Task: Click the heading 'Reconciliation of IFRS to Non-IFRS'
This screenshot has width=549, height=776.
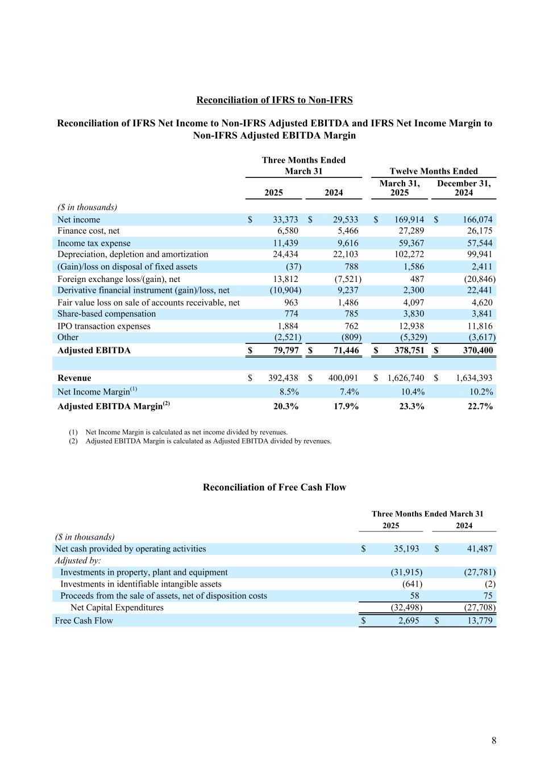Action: coord(274,100)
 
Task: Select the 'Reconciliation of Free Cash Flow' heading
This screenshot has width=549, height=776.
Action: coord(274,487)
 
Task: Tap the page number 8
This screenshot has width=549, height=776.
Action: coord(494,740)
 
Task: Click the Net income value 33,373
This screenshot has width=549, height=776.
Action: coord(282,220)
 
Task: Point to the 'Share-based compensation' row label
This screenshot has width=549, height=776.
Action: coord(106,314)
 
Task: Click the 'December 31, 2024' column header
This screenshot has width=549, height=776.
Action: coord(464,188)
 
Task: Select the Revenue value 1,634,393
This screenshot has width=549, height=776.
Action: coord(470,378)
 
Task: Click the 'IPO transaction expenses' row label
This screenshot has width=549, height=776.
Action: coord(104,326)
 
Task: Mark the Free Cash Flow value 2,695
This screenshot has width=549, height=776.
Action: coord(406,621)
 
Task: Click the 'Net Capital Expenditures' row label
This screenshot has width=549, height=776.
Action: coord(117,608)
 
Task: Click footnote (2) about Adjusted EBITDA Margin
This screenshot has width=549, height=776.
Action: coord(208,441)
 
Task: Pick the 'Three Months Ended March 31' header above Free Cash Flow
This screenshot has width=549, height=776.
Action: coord(427,514)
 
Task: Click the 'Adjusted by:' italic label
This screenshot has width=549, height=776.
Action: coord(78,561)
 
